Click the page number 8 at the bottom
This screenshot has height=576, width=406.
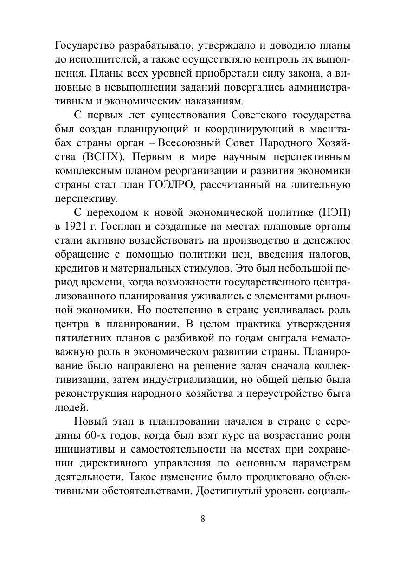pos(203,519)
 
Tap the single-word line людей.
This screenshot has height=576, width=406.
pos(68,407)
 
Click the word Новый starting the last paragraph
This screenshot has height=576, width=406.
pos(94,421)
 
